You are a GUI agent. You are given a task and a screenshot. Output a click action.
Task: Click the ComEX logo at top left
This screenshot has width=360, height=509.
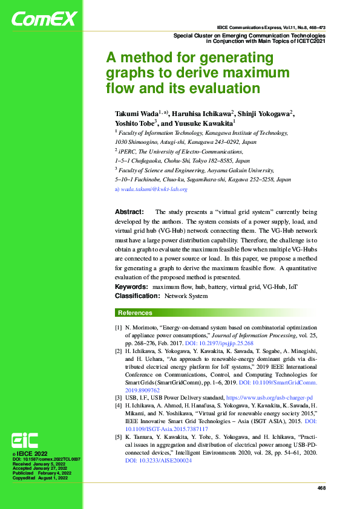pos(44,19)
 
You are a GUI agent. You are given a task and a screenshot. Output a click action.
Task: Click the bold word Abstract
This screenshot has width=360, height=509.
pos(129,212)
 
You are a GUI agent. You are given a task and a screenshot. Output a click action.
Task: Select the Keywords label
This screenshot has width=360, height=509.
pos(131,286)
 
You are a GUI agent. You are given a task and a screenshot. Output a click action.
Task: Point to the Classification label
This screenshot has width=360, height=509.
pos(137,296)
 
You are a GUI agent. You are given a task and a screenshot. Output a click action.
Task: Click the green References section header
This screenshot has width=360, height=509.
pos(135,313)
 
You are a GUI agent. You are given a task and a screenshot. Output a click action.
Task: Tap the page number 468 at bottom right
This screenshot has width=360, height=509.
pos(321,487)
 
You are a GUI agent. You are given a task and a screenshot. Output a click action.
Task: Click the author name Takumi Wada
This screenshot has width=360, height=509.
pos(136,114)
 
